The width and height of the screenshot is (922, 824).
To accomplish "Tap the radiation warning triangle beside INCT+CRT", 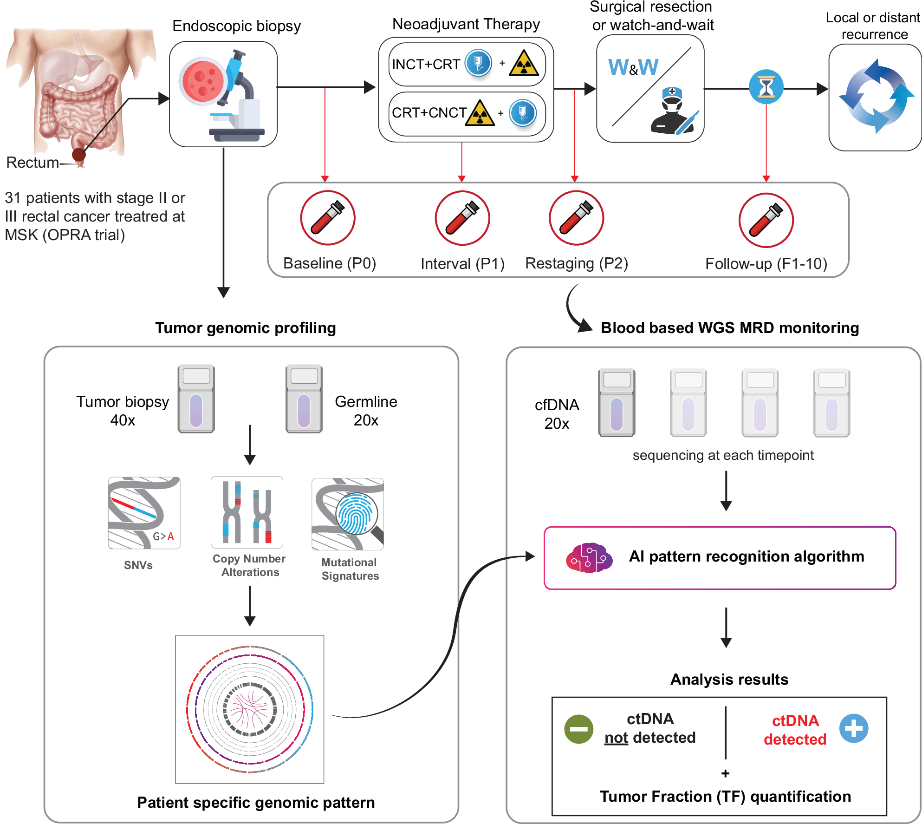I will pos(524,64).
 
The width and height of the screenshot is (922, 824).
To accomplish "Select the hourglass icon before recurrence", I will pos(766,87).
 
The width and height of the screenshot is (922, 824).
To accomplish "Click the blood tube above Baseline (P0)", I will pos(327,218).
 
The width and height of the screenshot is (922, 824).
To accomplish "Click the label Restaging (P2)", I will pos(576,263).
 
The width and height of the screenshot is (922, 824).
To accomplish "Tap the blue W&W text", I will pos(633,68).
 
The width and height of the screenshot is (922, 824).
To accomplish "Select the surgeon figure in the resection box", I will pos(673,111).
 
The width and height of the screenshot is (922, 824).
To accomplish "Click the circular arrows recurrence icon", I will pos(875,96).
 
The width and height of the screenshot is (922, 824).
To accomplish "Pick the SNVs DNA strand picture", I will pos(144,513).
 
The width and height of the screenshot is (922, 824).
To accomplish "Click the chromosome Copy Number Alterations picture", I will pos(247,512).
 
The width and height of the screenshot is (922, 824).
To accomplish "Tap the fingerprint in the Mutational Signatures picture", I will pos(356,514).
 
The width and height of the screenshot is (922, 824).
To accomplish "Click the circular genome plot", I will pos(250,709).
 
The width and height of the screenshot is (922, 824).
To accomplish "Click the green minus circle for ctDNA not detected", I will pos(578,729).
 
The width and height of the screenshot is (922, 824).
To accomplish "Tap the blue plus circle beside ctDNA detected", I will pos(853,728).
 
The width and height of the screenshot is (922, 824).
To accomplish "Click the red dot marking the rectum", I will pos(79,155).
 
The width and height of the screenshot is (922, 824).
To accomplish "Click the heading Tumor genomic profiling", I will pos(245,328).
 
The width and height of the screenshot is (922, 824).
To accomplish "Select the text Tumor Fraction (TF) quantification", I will pos(725,797).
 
